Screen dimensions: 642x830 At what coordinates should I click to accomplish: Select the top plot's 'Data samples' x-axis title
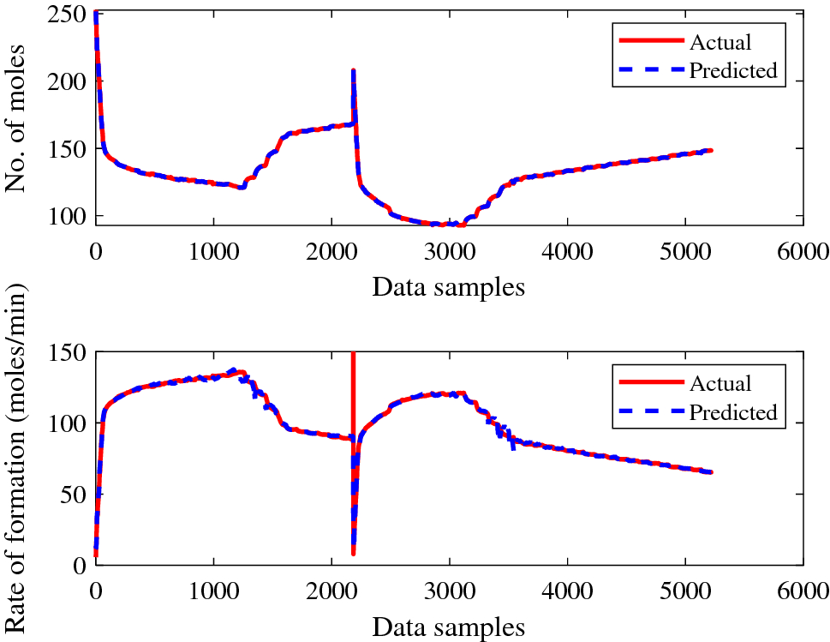(x=448, y=287)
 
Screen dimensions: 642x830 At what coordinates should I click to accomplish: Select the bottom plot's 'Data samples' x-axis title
(x=448, y=627)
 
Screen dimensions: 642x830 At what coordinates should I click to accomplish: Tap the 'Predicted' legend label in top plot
(x=732, y=70)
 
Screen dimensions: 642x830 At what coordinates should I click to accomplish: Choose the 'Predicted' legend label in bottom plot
(x=732, y=411)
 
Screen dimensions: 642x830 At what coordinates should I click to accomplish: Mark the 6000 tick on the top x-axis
(x=803, y=251)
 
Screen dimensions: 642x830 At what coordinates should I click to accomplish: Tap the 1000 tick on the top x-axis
(x=212, y=251)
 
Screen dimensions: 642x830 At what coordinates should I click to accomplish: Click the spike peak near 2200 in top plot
(x=353, y=70)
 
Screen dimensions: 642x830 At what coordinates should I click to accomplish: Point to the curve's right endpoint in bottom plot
(x=711, y=472)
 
